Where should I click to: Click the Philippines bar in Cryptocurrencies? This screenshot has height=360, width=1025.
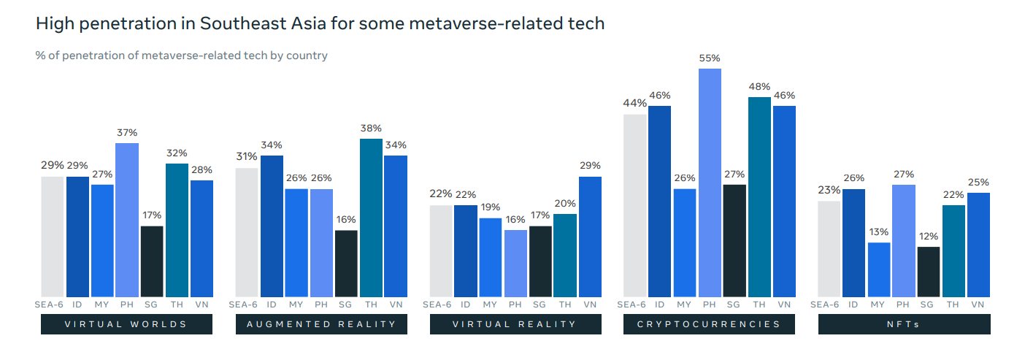pyautogui.click(x=710, y=183)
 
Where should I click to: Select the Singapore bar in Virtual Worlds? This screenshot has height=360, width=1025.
pyautogui.click(x=152, y=261)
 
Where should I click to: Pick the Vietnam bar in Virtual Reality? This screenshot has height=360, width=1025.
pyautogui.click(x=590, y=237)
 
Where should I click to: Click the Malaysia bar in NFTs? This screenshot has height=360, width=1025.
pyautogui.click(x=878, y=269)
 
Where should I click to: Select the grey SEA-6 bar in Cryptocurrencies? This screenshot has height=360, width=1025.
pyautogui.click(x=635, y=205)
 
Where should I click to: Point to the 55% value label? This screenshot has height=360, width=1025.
pyautogui.click(x=710, y=58)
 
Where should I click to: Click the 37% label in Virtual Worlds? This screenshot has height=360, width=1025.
pyautogui.click(x=127, y=132)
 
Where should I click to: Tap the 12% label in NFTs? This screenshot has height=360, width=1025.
pyautogui.click(x=928, y=236)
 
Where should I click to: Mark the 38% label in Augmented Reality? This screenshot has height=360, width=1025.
pyautogui.click(x=371, y=128)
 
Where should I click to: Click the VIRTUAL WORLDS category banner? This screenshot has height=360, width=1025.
pyautogui.click(x=126, y=324)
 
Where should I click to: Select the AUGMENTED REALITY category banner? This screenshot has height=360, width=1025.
pyautogui.click(x=321, y=324)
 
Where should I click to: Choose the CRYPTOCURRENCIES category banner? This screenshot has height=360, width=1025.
pyautogui.click(x=709, y=324)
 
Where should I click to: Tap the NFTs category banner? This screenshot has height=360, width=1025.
pyautogui.click(x=904, y=324)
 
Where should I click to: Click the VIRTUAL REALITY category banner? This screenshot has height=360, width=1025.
pyautogui.click(x=515, y=324)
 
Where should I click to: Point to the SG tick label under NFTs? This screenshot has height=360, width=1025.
pyautogui.click(x=927, y=305)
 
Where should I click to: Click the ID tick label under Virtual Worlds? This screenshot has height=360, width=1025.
pyautogui.click(x=77, y=305)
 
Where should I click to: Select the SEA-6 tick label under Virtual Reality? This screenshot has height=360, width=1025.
pyautogui.click(x=438, y=305)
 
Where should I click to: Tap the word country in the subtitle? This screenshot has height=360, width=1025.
pyautogui.click(x=307, y=55)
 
